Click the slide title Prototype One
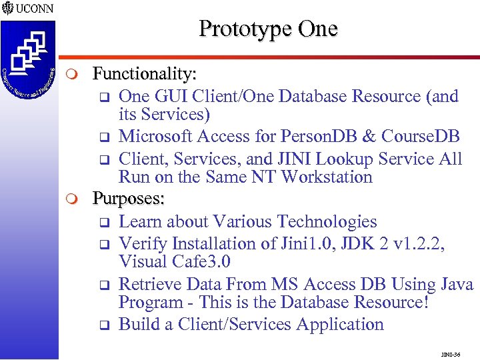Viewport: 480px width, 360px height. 268,29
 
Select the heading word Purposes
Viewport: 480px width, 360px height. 129,199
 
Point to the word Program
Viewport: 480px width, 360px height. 151,303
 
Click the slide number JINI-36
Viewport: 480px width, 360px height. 451,354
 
